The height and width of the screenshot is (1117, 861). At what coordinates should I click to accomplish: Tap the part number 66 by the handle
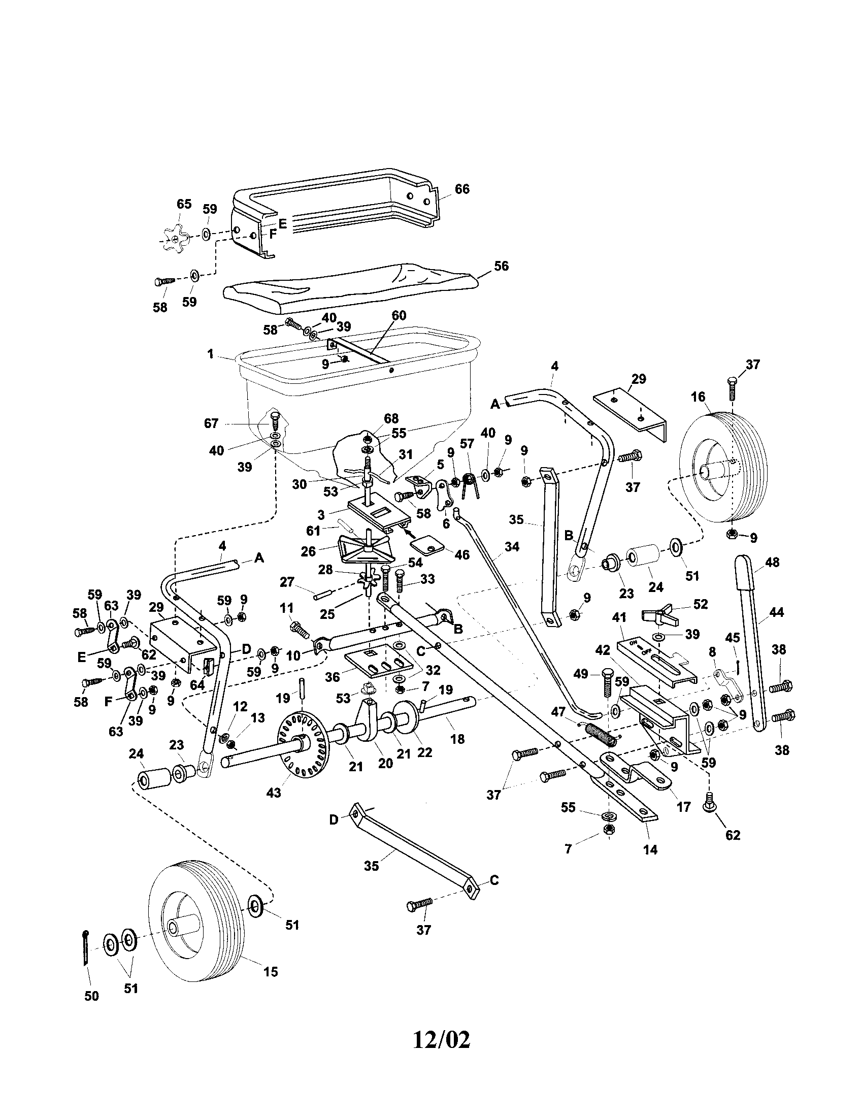(x=461, y=189)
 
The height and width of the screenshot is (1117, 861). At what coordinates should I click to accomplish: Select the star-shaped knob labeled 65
(x=175, y=238)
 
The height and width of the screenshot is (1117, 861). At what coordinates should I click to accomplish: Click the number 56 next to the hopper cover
(x=502, y=266)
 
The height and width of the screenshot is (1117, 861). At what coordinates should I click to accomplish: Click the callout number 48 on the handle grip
(x=772, y=562)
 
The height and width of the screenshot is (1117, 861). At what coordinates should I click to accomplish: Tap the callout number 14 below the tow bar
(x=651, y=849)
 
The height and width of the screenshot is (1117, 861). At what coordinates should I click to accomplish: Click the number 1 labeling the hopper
(x=211, y=354)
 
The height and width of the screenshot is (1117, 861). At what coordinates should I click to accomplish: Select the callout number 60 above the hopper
(x=399, y=316)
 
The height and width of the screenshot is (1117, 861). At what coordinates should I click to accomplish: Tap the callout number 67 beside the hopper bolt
(x=211, y=423)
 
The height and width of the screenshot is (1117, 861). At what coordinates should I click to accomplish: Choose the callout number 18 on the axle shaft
(x=457, y=738)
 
